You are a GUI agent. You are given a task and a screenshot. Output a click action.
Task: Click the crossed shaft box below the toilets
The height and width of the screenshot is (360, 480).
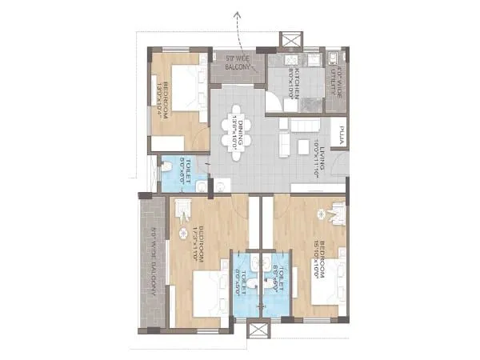(x=260, y=329)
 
